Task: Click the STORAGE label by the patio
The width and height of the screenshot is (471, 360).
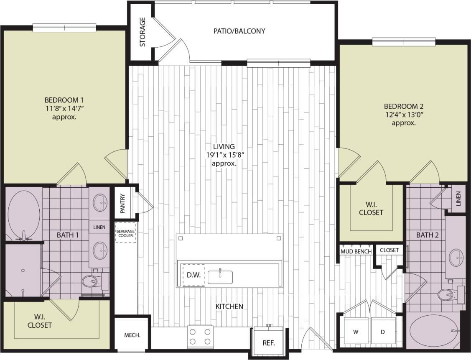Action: coord(143,32)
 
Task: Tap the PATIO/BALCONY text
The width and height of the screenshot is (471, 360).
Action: coord(239,31)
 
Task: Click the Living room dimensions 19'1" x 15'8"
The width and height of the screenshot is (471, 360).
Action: coord(224,155)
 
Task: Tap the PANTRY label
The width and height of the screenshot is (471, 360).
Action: coord(122,203)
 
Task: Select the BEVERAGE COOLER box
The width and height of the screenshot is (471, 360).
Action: coord(125,233)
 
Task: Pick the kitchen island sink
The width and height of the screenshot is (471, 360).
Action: coord(220,276)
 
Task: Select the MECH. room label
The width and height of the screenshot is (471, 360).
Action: coord(132,335)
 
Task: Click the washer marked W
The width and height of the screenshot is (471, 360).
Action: coord(356,332)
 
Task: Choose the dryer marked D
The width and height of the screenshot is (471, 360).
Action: coord(383,332)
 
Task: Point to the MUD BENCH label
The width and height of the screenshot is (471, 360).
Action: coord(356,251)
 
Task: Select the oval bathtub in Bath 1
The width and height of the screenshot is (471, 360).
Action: coord(24,214)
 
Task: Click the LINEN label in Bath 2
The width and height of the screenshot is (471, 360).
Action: coord(458,199)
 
